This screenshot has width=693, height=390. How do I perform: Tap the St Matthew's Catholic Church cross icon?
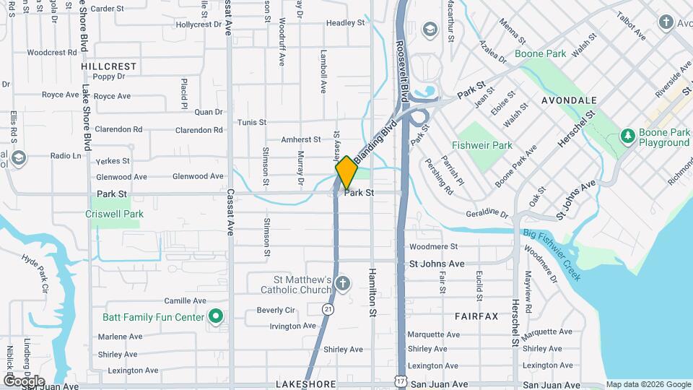344,282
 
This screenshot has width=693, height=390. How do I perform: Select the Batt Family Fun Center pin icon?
214,316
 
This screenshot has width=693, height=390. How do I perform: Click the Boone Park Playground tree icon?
628,135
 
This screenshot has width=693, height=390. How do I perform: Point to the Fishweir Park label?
482,145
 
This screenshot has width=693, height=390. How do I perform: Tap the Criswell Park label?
114,214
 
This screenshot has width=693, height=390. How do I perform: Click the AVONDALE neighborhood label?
569,100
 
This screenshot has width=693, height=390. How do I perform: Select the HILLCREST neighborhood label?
109,66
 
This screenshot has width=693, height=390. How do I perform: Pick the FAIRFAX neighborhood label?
476,316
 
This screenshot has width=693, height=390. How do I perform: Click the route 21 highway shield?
328,309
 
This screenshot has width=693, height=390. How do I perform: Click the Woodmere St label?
434,247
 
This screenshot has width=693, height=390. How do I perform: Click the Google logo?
24,381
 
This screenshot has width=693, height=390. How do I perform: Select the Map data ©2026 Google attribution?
648,384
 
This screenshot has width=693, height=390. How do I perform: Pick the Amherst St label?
300,139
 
